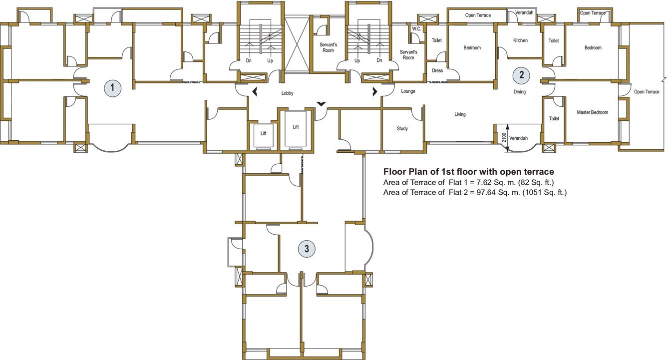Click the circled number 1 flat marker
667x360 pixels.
(x=113, y=88)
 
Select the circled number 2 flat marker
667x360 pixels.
(x=522, y=75)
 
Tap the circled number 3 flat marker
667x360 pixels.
(x=307, y=248)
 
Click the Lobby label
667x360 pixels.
(x=287, y=93)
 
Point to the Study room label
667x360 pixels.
(x=402, y=129)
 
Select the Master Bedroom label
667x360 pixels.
(x=592, y=112)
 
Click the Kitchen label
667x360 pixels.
(x=520, y=40)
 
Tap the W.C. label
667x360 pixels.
(x=417, y=29)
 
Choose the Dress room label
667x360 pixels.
(x=437, y=71)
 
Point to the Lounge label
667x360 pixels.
(x=408, y=91)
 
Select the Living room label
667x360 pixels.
(x=460, y=114)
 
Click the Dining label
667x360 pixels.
(x=520, y=92)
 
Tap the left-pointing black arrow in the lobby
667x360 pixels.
(x=255, y=91)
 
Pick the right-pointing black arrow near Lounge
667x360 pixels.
(x=375, y=91)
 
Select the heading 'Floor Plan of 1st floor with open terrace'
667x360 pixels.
(x=468, y=172)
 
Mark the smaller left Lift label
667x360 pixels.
(x=264, y=133)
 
